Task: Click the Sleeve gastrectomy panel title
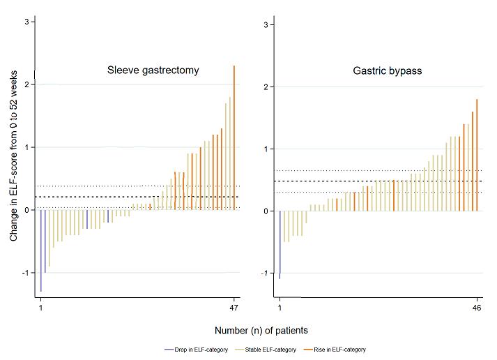pos(153,70)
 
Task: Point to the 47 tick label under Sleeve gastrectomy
pos(234,308)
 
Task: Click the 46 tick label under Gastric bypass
pos(477,308)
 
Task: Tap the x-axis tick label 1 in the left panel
pos(40,308)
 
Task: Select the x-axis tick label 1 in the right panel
pos(280,308)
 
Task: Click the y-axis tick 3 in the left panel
pos(26,22)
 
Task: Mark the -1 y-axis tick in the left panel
pos(24,273)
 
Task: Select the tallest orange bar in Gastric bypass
pos(477,154)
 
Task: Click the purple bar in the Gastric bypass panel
pos(280,244)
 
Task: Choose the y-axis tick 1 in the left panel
pos(26,147)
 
